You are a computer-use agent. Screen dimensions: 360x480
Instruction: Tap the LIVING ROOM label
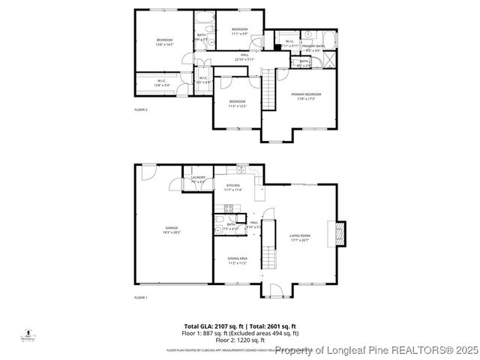[300, 238]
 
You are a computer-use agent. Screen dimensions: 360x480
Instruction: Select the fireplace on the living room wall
[339, 233]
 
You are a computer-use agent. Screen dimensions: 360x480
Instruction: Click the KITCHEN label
[233, 187]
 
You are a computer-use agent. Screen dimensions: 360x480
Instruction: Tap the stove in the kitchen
[226, 208]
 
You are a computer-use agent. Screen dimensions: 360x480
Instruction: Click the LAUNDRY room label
[198, 179]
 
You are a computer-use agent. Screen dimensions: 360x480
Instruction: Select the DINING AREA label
[238, 260]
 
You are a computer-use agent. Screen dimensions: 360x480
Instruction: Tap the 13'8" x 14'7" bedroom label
[164, 42]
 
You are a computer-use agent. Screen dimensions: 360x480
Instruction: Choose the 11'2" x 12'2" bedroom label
[237, 103]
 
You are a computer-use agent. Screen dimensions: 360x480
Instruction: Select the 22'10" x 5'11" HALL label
[244, 57]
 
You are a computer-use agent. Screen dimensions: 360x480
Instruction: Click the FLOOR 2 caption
[141, 109]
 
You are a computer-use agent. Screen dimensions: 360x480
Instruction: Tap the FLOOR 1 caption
[141, 298]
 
